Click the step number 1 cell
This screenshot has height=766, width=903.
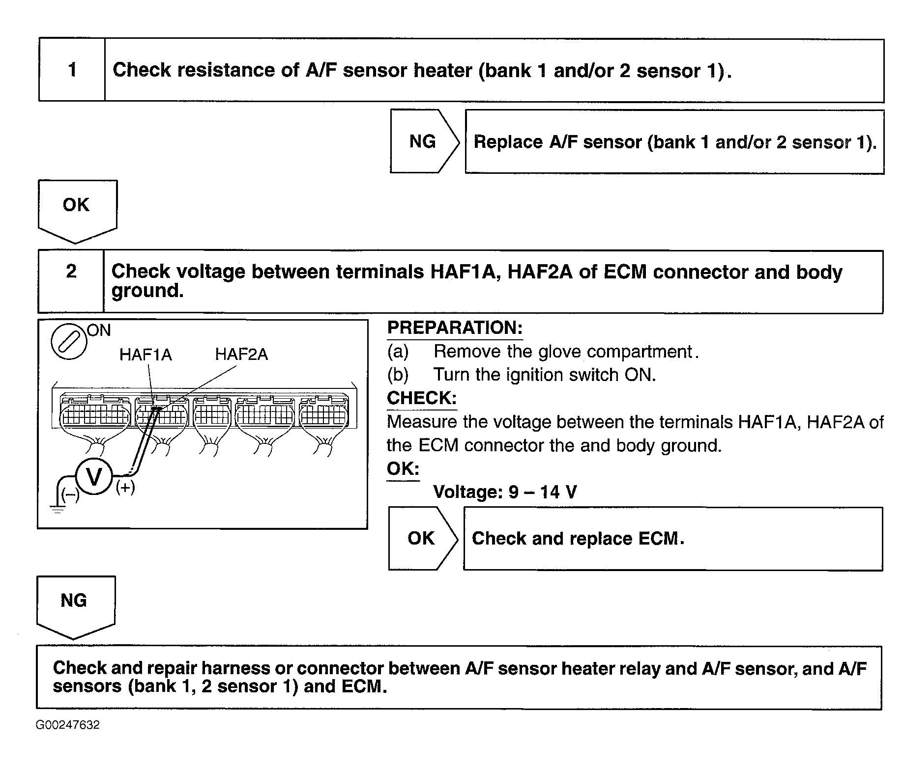(72, 70)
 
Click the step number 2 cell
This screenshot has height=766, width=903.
(71, 281)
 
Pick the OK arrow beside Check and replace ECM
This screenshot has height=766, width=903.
(422, 539)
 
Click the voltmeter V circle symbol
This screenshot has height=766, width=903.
(93, 477)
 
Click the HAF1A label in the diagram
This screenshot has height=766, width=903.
(146, 355)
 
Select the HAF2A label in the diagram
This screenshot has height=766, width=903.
(241, 355)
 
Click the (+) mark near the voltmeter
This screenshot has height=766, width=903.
(125, 488)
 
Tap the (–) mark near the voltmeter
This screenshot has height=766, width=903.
(70, 494)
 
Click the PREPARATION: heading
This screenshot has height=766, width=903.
(455, 328)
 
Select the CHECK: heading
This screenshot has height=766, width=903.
(421, 398)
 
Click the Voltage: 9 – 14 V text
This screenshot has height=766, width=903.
(505, 492)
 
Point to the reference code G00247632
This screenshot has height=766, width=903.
(67, 725)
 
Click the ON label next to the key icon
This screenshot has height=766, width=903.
(99, 330)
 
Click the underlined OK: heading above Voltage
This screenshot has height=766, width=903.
(403, 469)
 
